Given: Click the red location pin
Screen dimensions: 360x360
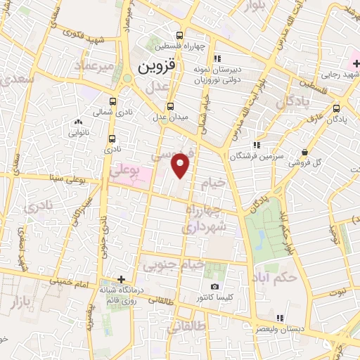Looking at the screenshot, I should point(181,165).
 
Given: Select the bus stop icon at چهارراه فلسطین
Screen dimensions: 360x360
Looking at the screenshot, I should point(180,35).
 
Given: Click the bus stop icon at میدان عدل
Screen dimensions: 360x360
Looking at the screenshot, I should point(160,106).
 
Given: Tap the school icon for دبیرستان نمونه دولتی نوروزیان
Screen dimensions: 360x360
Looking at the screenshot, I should point(217,58).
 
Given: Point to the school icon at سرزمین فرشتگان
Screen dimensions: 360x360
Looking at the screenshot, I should point(256,145).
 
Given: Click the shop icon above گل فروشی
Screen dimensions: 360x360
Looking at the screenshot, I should point(304,152).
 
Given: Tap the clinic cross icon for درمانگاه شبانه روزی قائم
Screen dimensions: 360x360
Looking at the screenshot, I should point(122,279).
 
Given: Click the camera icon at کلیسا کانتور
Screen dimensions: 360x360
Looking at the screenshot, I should point(214,286).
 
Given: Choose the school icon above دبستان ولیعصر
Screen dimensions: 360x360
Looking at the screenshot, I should point(280,318).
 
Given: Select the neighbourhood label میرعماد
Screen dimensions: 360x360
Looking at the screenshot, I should point(96,65).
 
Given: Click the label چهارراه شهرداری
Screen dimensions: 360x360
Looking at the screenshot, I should point(205,219).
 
